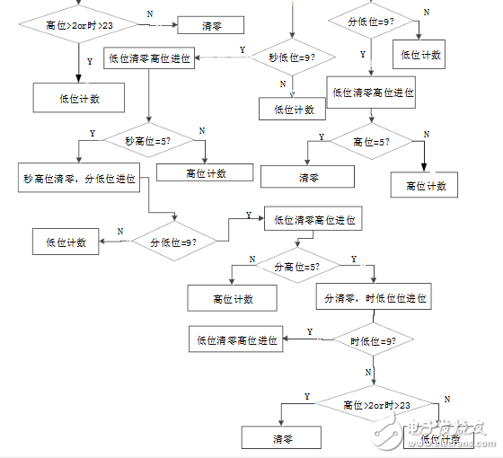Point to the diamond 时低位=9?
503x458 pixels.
click(x=373, y=340)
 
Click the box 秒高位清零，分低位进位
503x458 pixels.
click(x=80, y=178)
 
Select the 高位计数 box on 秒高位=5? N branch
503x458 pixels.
click(x=206, y=173)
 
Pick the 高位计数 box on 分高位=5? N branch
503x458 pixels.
click(x=233, y=299)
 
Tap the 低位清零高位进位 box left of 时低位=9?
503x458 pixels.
click(x=236, y=340)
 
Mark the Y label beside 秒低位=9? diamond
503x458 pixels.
click(x=242, y=49)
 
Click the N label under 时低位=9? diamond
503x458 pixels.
click(x=368, y=371)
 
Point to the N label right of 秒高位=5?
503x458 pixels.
click(x=201, y=131)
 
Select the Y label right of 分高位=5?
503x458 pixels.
click(x=353, y=258)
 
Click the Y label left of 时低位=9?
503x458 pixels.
click(x=310, y=331)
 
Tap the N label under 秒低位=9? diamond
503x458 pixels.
click(x=282, y=84)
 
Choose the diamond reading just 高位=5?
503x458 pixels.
click(x=369, y=141)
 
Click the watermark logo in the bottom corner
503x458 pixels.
click(x=446, y=431)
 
